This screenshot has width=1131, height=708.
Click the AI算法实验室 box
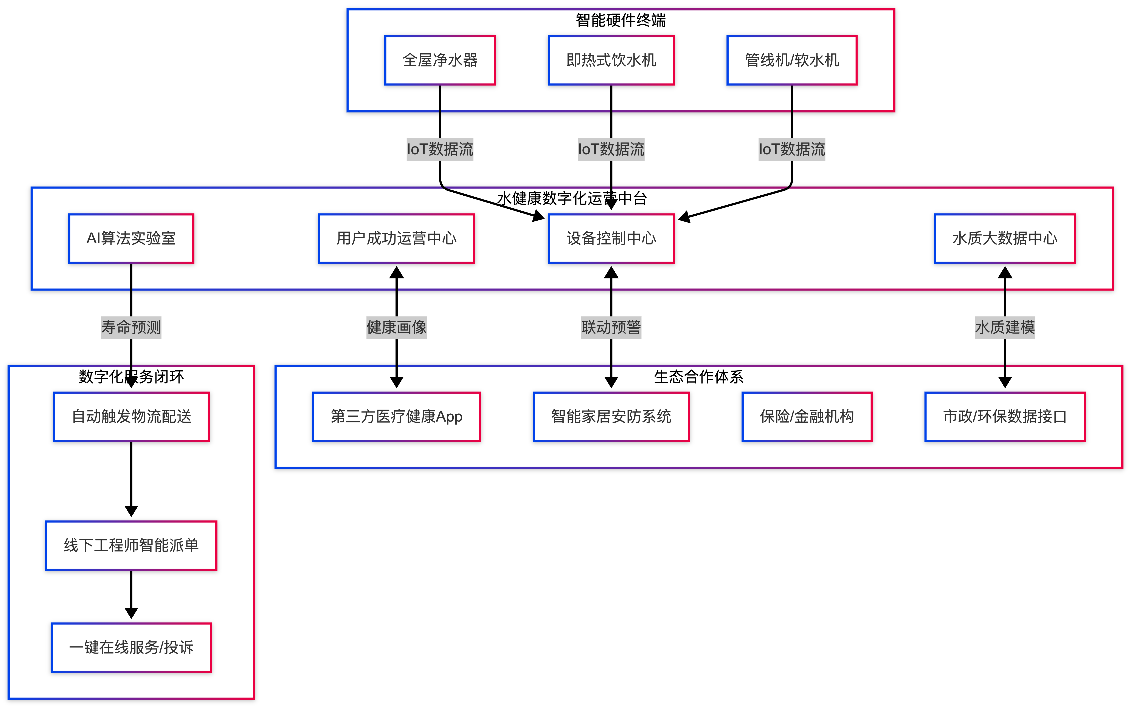(x=131, y=238)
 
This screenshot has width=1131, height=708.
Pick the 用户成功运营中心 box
(x=396, y=238)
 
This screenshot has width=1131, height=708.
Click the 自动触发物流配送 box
(x=131, y=416)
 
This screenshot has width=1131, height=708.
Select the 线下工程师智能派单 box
(x=131, y=545)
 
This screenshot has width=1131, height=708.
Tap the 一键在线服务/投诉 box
(x=131, y=647)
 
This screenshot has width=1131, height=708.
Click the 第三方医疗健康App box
(x=396, y=416)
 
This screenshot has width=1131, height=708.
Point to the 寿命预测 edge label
(x=131, y=327)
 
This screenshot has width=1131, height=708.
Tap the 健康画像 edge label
(x=396, y=327)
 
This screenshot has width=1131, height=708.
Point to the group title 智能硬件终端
(x=620, y=20)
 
